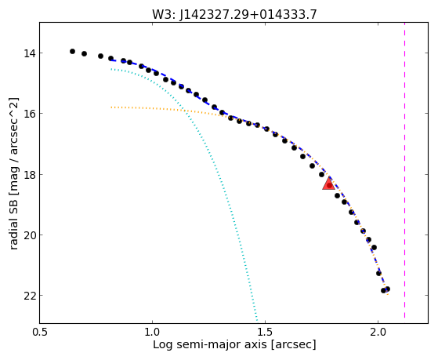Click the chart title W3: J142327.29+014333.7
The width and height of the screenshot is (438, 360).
[x=234, y=15]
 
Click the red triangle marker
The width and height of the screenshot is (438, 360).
[x=328, y=184]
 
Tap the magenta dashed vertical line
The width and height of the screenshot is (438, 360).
[x=404, y=170]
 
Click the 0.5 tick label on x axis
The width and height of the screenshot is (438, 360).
[x=40, y=332]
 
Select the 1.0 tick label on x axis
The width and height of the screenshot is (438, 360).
[x=153, y=332]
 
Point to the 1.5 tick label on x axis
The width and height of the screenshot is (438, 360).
[x=265, y=332]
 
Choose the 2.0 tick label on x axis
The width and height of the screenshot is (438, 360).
[x=378, y=332]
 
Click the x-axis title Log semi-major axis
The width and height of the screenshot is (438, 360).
[x=209, y=344]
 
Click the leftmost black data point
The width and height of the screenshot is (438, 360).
[x=72, y=51]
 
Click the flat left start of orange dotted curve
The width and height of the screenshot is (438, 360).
[x=112, y=107]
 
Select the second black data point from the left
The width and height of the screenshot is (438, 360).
[x=84, y=53]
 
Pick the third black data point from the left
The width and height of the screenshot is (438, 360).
[x=100, y=56]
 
